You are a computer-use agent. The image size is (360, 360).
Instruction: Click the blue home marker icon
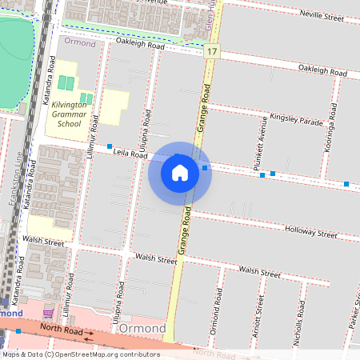click(x=180, y=173)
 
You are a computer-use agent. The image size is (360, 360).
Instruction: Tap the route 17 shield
click(x=210, y=51)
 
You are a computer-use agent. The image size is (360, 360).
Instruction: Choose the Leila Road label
click(x=108, y=152)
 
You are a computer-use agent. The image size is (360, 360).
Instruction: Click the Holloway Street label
click(x=310, y=232)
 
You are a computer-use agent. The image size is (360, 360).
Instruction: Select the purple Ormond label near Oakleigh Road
click(x=81, y=43)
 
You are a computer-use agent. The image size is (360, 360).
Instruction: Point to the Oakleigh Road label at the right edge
click(x=323, y=70)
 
